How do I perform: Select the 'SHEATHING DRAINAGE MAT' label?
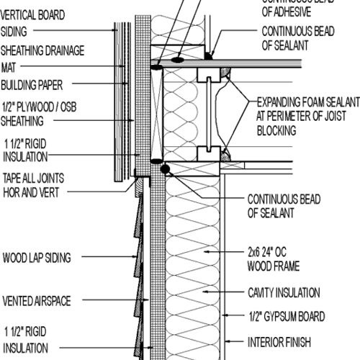pyautogui.click(x=42, y=58)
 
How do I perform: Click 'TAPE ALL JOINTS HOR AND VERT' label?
pyautogui.click(x=39, y=184)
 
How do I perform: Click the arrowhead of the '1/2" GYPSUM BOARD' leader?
pyautogui.click(x=224, y=316)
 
